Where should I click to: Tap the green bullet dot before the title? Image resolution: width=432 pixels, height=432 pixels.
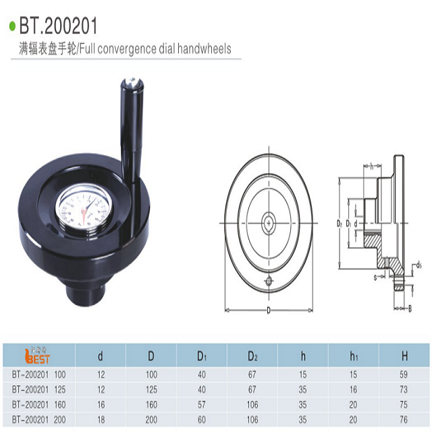coord(11,28)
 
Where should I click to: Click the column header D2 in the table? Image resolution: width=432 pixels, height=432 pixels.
coord(252,356)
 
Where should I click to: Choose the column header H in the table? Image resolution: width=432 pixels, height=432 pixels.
coord(404,356)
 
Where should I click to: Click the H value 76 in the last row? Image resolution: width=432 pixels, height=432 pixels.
coord(403,419)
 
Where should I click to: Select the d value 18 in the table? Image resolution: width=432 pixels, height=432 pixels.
coord(101,419)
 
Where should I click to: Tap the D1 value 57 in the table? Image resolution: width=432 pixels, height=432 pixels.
coord(202,404)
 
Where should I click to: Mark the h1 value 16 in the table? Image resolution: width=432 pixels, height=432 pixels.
coord(353,388)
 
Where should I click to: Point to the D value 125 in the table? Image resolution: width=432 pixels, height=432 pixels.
coord(151,388)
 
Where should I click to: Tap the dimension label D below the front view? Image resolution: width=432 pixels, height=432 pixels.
coord(269,310)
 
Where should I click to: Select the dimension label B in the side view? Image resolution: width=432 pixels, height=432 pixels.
coord(410,308)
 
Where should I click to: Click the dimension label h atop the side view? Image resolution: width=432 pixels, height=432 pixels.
coord(372,166)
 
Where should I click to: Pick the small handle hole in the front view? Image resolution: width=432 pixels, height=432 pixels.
coord(269,281)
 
